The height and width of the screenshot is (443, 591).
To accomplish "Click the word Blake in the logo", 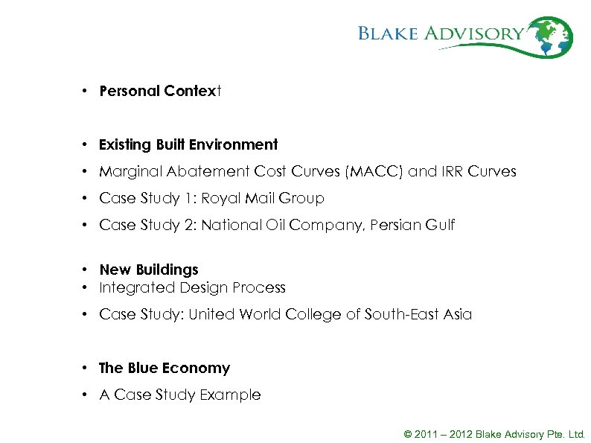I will tap(389, 34).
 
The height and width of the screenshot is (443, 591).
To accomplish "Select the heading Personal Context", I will tap(161, 92).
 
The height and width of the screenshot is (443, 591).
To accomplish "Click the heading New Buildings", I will tap(149, 270).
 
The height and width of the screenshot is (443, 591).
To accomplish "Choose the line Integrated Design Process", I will tap(192, 287).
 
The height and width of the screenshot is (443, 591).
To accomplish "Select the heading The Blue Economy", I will tap(164, 368).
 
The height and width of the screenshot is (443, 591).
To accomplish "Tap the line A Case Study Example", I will tap(180, 395).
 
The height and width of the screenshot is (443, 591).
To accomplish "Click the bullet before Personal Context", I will tap(86, 92).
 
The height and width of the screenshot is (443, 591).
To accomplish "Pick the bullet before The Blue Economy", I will tap(86, 368).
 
